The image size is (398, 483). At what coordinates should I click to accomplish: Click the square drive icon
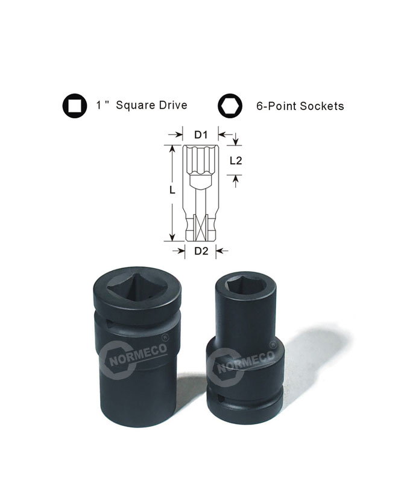pyautogui.click(x=75, y=106)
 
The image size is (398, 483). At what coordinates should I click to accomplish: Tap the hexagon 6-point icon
pyautogui.click(x=230, y=106)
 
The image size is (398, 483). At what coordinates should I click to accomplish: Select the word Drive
pyautogui.click(x=173, y=105)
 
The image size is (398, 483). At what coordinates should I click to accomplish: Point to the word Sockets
pyautogui.click(x=322, y=106)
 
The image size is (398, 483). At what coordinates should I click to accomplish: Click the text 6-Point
pyautogui.click(x=277, y=106)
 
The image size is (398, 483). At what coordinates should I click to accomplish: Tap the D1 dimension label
pyautogui.click(x=201, y=135)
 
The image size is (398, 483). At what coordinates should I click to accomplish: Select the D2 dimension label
pyautogui.click(x=201, y=251)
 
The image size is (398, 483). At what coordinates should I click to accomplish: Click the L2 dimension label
pyautogui.click(x=236, y=161)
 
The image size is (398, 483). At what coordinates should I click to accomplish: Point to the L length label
pyautogui.click(x=172, y=190)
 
